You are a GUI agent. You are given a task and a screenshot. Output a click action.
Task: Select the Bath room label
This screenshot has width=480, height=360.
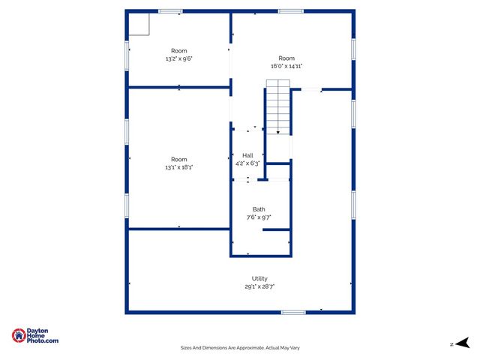(x=259, y=209)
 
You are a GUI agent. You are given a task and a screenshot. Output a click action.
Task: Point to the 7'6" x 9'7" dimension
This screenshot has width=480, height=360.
(x=259, y=217)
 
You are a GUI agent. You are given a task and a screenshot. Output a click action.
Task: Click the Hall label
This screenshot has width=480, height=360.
(x=247, y=155)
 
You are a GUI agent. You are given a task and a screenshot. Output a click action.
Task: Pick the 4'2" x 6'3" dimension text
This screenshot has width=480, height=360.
(x=247, y=163)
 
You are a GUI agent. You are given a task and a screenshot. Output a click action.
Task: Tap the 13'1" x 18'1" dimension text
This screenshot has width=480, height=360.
(x=178, y=166)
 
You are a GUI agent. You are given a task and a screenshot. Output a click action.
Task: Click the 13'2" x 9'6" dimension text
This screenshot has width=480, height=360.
(x=178, y=58)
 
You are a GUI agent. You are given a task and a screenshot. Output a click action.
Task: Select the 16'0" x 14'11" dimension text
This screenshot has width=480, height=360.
(x=286, y=66)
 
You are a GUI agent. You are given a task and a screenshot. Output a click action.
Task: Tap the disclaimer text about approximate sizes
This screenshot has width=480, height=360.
(x=240, y=347)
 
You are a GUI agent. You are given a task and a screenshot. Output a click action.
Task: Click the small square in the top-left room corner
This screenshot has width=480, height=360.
(x=139, y=24)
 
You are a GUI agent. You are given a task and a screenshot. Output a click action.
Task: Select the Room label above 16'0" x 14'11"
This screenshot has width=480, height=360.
(x=286, y=58)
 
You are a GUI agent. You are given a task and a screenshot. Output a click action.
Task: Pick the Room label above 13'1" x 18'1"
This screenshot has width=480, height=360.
(x=178, y=159)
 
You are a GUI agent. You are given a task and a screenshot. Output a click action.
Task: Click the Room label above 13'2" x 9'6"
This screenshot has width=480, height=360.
(x=178, y=51)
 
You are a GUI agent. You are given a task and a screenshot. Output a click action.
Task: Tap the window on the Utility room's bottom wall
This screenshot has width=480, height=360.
(x=293, y=312)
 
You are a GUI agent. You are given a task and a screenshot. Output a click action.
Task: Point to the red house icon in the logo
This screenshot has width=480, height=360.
(x=18, y=336)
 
